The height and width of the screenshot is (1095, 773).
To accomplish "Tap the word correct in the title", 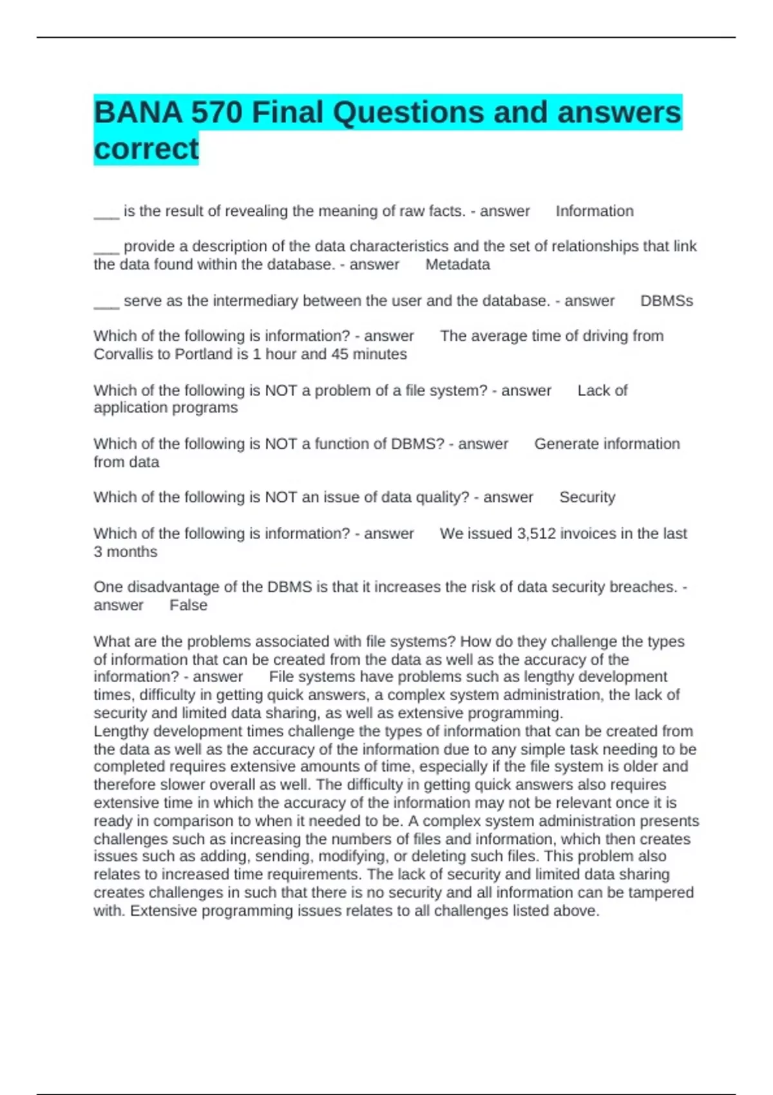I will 146,149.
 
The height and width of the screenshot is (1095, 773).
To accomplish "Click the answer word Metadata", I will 457,265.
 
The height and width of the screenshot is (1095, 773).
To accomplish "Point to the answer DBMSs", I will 666,301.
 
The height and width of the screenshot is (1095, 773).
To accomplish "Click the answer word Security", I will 587,497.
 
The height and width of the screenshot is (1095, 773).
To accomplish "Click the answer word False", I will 188,605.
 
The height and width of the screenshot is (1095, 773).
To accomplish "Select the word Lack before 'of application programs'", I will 593,390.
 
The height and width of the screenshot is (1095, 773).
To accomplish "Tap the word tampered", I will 663,893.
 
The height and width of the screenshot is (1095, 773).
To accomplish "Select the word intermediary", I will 258,301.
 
